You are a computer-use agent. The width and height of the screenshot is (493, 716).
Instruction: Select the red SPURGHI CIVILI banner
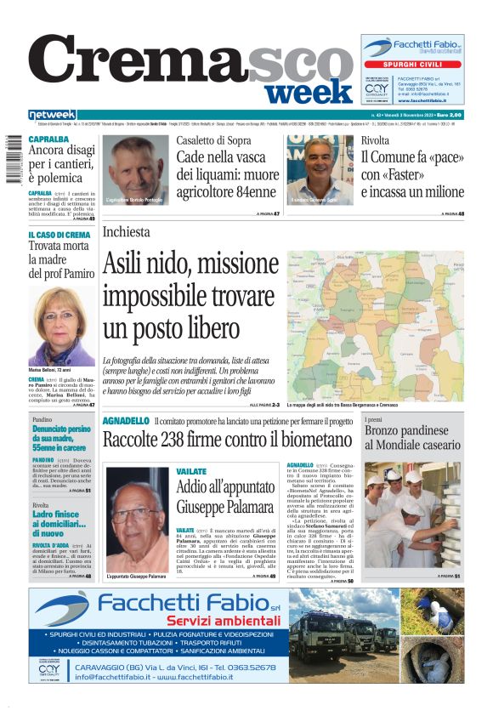pos(412,64)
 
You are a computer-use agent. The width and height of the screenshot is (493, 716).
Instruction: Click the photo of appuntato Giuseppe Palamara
pos(135,517)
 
